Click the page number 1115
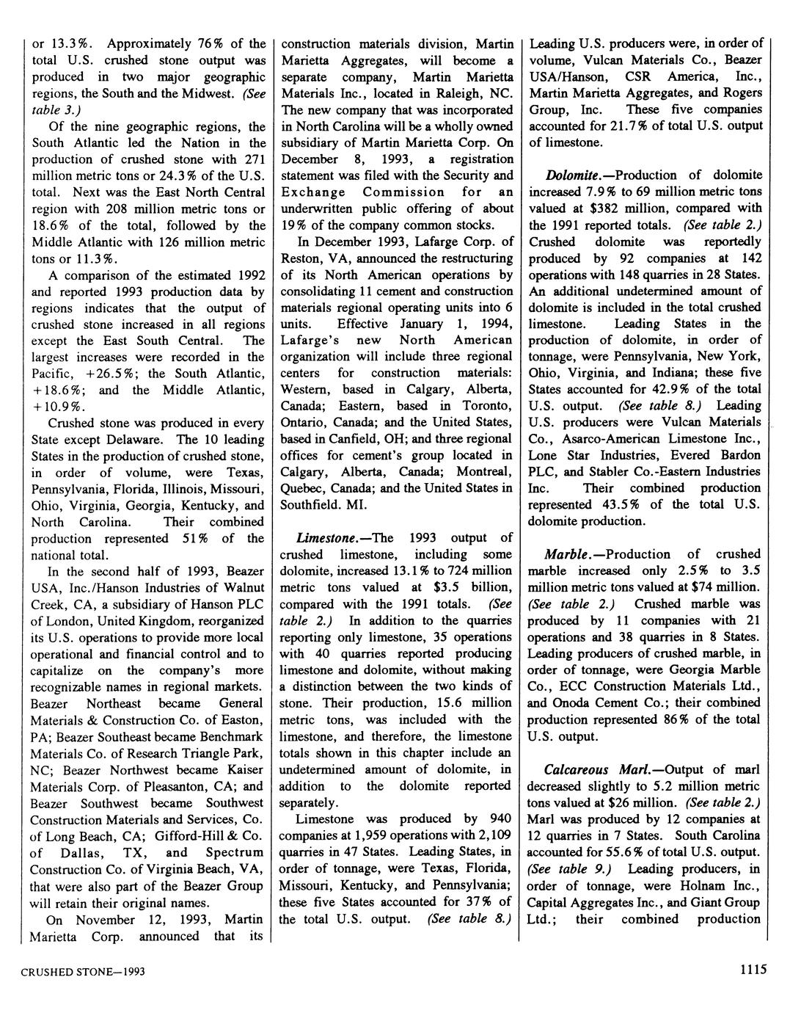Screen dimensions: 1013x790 click(x=753, y=970)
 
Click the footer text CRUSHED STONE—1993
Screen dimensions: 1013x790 click(x=82, y=972)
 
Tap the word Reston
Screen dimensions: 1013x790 click(x=303, y=258)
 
